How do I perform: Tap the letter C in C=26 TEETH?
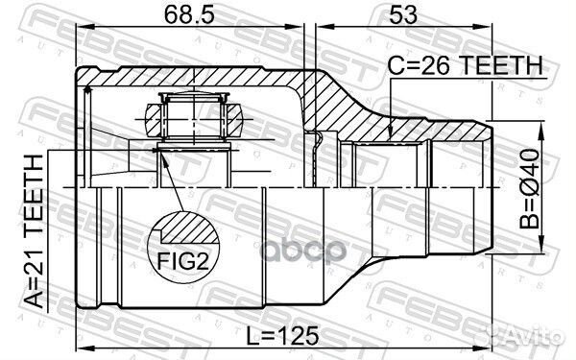coord(395,64)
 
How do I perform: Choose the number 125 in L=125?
coord(304,336)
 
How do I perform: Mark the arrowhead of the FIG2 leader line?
coord(160,154)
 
